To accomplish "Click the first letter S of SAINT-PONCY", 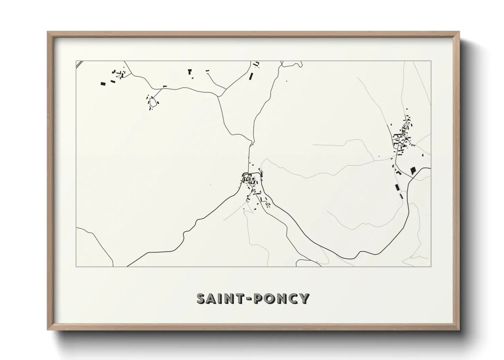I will pyautogui.click(x=202, y=298).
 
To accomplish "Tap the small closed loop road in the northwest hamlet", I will pyautogui.click(x=153, y=102).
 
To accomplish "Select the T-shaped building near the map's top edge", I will pyautogui.click(x=190, y=71).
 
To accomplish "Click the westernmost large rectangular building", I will pyautogui.click(x=103, y=83).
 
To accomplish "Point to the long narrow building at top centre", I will pyautogui.click(x=251, y=76).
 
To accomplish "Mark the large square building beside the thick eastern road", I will pyautogui.click(x=413, y=170).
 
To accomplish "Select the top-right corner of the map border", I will pyautogui.click(x=431, y=61).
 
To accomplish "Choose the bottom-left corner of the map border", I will pyautogui.click(x=76, y=266).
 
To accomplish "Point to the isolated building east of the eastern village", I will pyautogui.click(x=423, y=155).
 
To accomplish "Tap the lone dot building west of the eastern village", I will pyautogui.click(x=379, y=157).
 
